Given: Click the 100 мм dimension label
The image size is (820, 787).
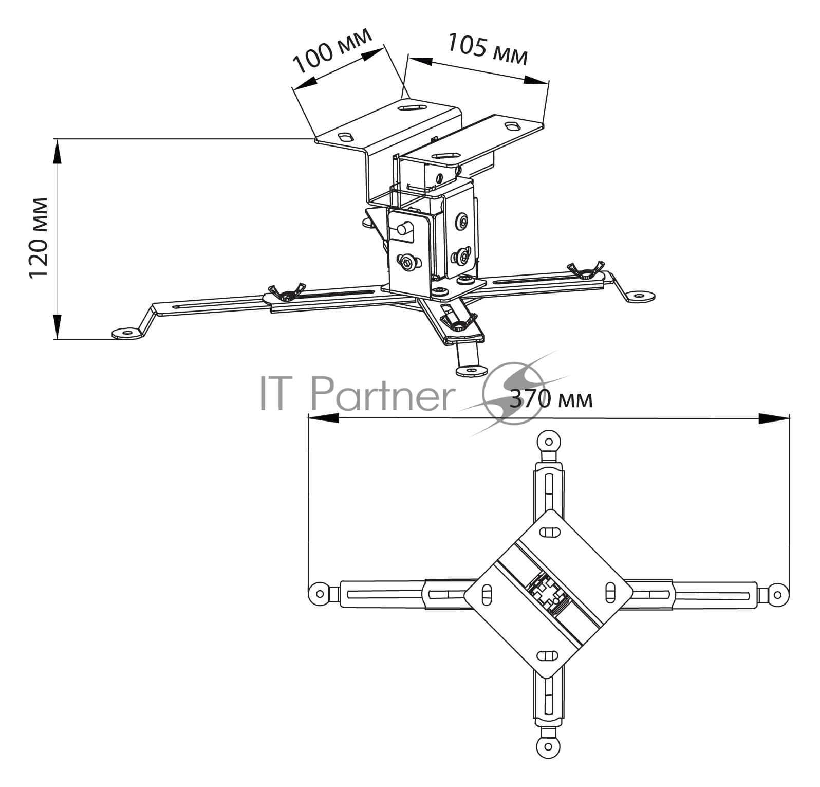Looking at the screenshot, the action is (x=332, y=50).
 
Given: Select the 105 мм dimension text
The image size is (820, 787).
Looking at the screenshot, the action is (x=488, y=49).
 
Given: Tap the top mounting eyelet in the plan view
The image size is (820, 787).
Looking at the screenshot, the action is (x=549, y=442).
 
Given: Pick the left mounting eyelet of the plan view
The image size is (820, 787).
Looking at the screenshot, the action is (x=320, y=594).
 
